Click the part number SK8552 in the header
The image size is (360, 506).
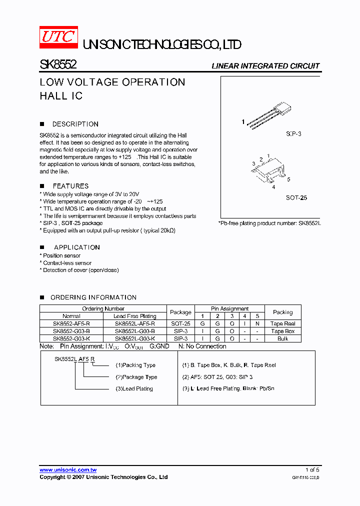click(57, 65)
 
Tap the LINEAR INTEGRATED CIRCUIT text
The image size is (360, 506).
click(265, 66)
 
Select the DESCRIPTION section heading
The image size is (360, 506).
click(75, 124)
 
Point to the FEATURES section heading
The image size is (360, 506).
click(70, 186)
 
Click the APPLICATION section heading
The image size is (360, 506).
click(76, 247)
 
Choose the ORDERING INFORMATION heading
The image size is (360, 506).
click(93, 297)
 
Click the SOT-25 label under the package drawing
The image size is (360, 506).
click(296, 197)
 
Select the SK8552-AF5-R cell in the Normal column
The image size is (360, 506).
click(71, 323)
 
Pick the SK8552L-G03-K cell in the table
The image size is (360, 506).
click(134, 338)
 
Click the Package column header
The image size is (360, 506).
click(180, 312)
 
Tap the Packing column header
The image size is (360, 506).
click(282, 312)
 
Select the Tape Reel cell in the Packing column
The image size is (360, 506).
click(282, 323)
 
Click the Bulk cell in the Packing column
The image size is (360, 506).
click(282, 338)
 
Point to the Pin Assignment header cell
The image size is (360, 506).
click(229, 308)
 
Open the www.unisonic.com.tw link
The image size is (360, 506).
click(68, 470)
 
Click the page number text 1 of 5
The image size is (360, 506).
click(312, 470)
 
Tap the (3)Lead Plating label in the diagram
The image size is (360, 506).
click(134, 388)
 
